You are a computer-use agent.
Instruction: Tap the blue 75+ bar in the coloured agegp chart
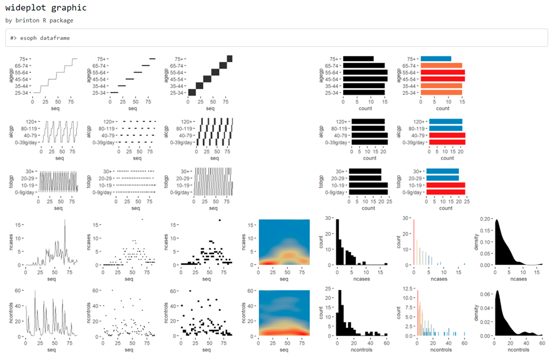435,59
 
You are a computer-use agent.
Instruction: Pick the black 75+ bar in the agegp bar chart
358,59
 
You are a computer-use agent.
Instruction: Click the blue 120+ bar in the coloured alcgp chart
446,122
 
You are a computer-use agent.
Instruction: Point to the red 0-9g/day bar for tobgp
446,192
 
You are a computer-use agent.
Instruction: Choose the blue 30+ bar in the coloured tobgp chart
443,172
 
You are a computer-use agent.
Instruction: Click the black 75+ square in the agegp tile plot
230,59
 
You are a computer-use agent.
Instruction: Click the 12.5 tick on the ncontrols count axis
409,288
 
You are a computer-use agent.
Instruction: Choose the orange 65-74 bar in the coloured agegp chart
441,65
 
